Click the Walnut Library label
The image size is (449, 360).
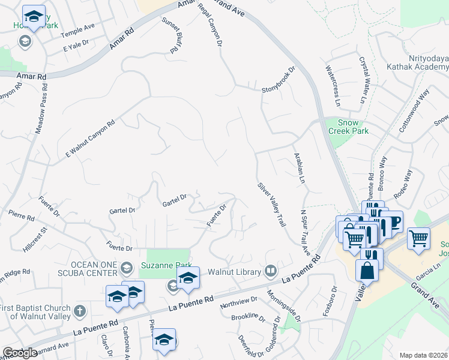coord(234,272)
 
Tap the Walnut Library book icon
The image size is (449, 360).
coord(271,272)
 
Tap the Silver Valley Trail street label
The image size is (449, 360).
coord(271,204)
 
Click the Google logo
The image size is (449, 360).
coord(20,353)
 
